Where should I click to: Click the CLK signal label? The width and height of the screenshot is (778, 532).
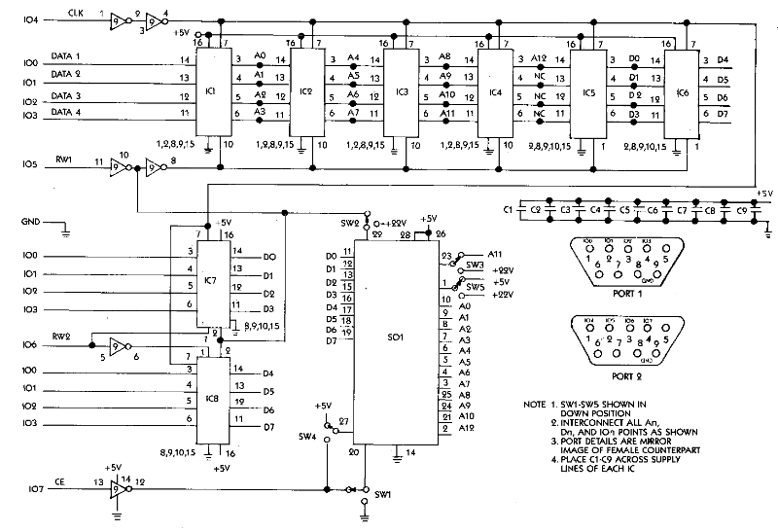pyautogui.click(x=76, y=10)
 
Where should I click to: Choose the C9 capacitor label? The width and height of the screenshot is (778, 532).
pyautogui.click(x=739, y=209)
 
